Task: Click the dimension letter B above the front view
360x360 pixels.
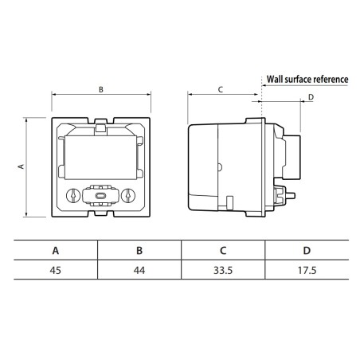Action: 100,89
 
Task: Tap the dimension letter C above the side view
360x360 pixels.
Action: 220,89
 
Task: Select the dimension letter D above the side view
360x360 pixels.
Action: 311,97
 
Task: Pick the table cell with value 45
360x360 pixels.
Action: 56,270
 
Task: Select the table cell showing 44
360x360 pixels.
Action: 139,270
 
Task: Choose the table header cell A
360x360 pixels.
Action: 56,249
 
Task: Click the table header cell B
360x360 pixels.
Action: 139,249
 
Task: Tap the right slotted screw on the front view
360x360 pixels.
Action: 127,194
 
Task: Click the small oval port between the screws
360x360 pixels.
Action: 100,194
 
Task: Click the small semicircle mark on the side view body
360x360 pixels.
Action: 221,167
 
